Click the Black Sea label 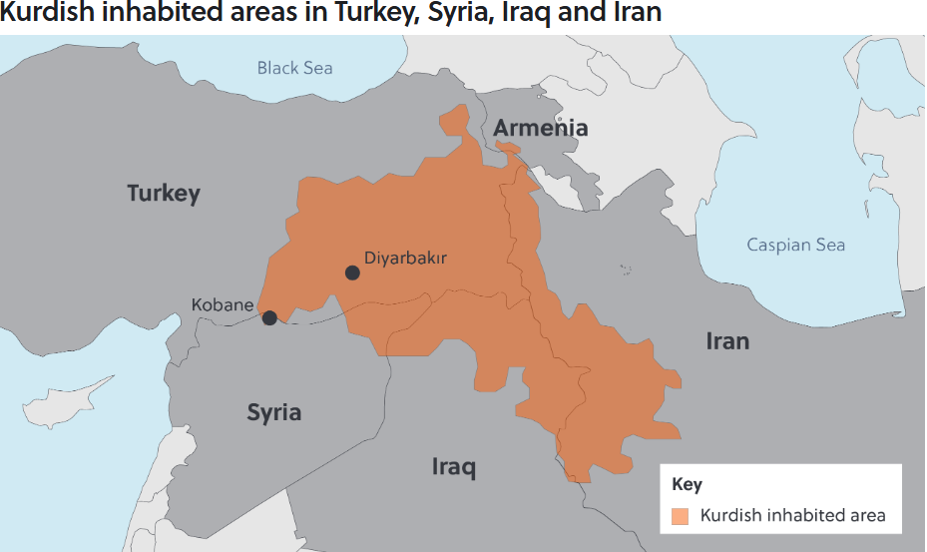click(x=294, y=68)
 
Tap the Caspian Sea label click(x=795, y=245)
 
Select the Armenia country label click(x=540, y=128)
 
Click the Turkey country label click(x=164, y=193)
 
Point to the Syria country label click(x=273, y=412)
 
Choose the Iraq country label click(x=454, y=466)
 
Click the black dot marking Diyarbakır click(x=352, y=273)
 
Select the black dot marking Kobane click(x=269, y=318)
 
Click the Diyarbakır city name click(x=405, y=258)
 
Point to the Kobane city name click(x=223, y=304)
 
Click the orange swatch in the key click(x=681, y=516)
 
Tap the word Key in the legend click(x=687, y=485)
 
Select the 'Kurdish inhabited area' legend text click(x=792, y=516)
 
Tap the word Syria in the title click(x=452, y=14)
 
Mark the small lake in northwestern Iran click(x=626, y=269)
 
